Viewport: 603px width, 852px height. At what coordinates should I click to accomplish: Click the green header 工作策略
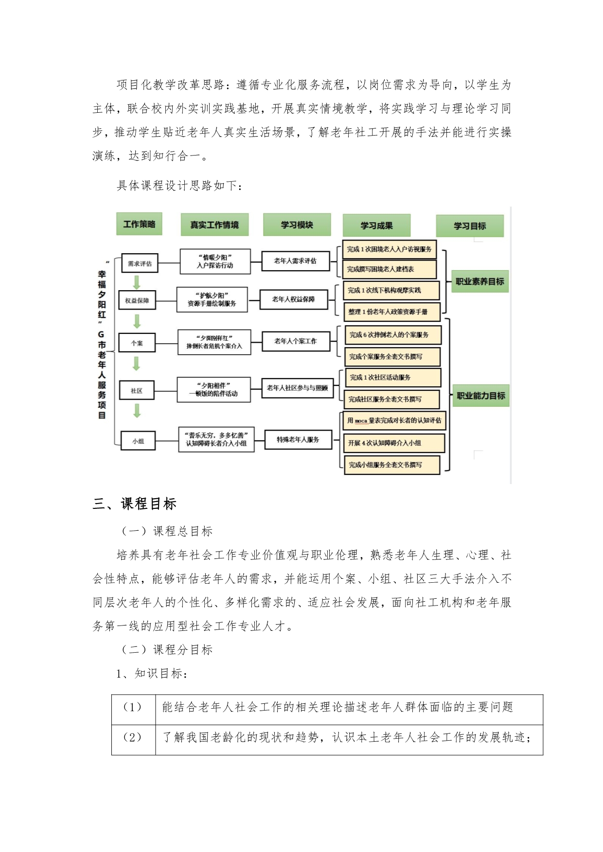[x=139, y=224]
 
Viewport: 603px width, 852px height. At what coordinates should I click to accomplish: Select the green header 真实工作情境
[x=214, y=225]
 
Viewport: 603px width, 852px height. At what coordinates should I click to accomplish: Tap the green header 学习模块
[x=297, y=225]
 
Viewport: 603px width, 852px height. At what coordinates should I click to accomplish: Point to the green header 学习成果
[x=376, y=226]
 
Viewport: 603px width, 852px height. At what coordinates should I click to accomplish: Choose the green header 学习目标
[x=470, y=226]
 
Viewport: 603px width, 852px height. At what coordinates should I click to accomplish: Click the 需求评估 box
[x=140, y=263]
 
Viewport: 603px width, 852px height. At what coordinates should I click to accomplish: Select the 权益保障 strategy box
[x=137, y=301]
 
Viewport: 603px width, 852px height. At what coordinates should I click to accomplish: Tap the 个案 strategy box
[x=137, y=343]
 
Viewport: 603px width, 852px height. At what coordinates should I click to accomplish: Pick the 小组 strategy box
[x=138, y=441]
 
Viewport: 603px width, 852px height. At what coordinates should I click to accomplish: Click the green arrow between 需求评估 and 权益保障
[x=137, y=282]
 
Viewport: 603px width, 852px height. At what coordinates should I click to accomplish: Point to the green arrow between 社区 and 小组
[x=137, y=411]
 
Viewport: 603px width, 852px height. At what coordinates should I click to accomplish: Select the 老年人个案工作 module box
[x=295, y=341]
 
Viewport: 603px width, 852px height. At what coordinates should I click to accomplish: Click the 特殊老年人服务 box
[x=298, y=439]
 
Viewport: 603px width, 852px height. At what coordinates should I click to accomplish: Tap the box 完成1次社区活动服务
[x=392, y=377]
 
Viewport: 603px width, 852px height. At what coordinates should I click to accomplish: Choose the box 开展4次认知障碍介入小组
[x=394, y=443]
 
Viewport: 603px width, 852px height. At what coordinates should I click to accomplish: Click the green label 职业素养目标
[x=479, y=281]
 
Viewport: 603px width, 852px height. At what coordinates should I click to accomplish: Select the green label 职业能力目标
[x=480, y=396]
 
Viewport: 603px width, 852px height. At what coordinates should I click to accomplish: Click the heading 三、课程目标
[x=135, y=504]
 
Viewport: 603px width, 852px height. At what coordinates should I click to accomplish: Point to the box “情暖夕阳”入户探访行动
[x=215, y=261]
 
